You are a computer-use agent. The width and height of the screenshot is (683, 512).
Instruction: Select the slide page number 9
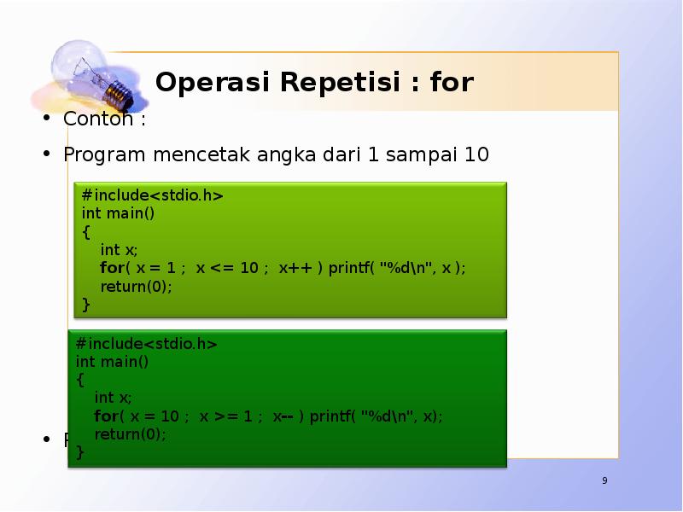pyautogui.click(x=604, y=482)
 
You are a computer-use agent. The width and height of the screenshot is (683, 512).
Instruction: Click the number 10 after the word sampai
pyautogui.click(x=476, y=154)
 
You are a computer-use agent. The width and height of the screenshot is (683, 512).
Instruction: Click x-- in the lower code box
pyautogui.click(x=283, y=416)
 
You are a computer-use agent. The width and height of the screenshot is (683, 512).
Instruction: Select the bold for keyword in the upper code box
pyautogui.click(x=112, y=268)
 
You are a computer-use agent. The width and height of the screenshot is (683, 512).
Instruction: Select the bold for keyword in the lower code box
pyautogui.click(x=106, y=416)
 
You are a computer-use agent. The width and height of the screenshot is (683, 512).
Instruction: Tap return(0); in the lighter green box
pyautogui.click(x=136, y=286)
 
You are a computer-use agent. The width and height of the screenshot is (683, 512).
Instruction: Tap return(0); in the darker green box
pyautogui.click(x=130, y=434)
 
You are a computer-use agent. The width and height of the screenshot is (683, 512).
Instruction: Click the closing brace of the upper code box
pyautogui.click(x=85, y=304)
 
